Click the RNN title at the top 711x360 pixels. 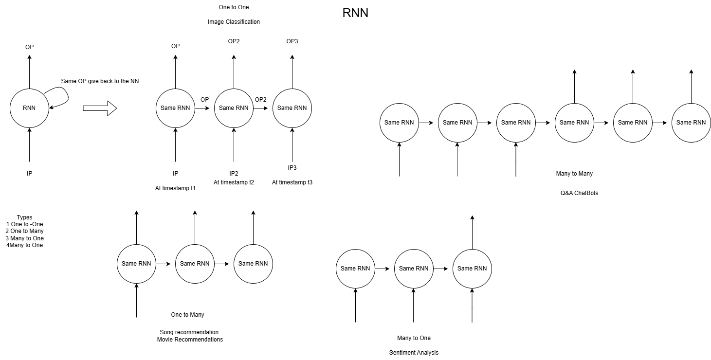click(x=355, y=14)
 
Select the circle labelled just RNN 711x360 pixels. click(x=29, y=108)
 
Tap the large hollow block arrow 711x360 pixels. click(x=100, y=108)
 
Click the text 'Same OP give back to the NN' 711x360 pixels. click(x=100, y=81)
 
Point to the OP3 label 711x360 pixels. click(x=292, y=41)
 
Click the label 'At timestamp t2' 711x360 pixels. click(x=234, y=182)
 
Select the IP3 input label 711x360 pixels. click(x=292, y=168)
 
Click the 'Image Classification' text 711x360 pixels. click(x=234, y=22)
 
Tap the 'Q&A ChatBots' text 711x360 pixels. click(x=579, y=193)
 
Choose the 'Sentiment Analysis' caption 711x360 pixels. click(x=414, y=353)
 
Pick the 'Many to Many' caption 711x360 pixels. click(x=574, y=174)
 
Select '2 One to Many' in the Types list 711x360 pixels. click(x=25, y=231)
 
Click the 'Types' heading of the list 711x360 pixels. click(x=24, y=217)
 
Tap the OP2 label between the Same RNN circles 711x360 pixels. click(x=260, y=100)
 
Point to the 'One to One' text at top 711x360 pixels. click(x=234, y=7)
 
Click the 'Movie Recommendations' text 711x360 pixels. click(x=190, y=340)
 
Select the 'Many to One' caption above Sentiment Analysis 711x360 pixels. click(x=414, y=338)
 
